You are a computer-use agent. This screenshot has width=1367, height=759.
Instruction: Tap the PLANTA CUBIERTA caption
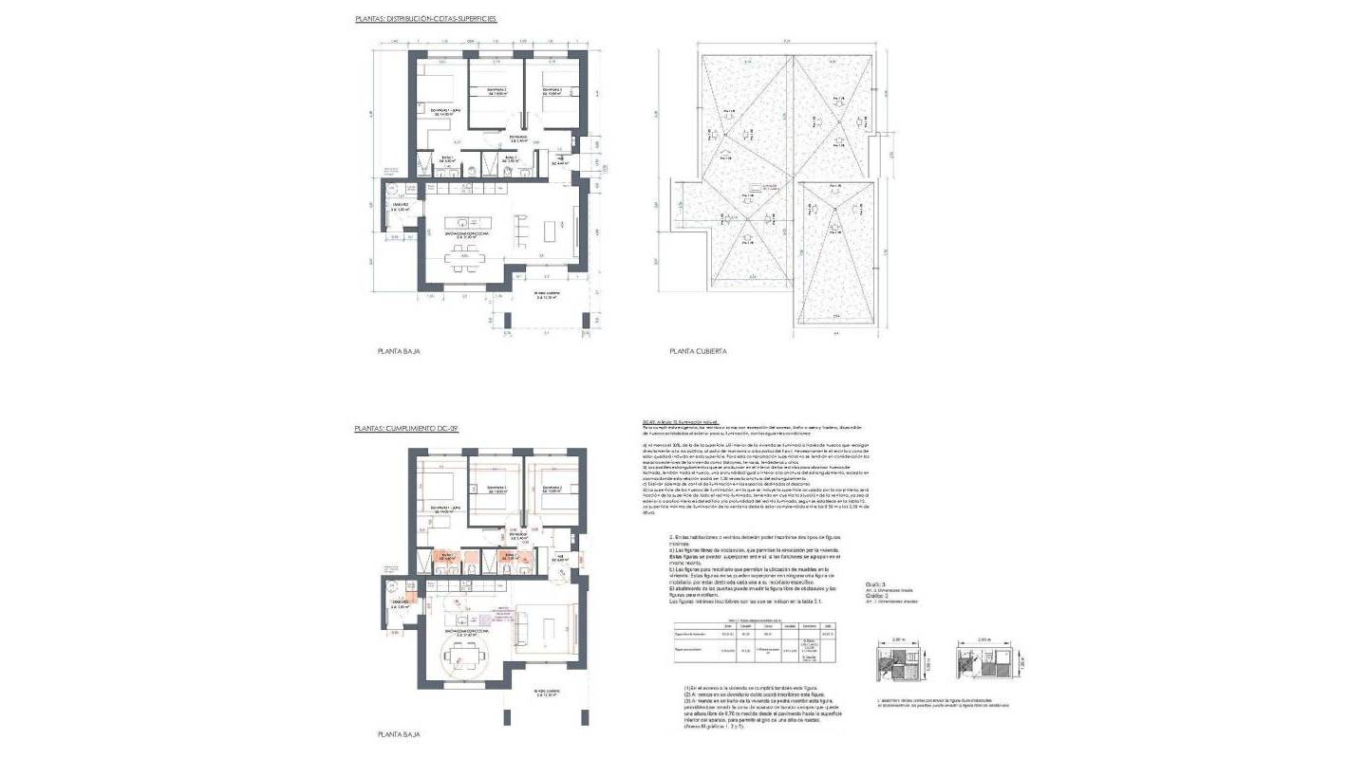coord(698,351)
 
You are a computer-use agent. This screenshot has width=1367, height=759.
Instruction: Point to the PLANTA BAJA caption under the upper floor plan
coord(399,351)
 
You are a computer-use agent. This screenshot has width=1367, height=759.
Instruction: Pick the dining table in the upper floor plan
coord(463,258)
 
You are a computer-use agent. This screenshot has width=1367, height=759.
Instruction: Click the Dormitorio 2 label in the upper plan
coord(498,92)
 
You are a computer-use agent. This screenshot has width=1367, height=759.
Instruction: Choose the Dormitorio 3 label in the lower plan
coord(552,490)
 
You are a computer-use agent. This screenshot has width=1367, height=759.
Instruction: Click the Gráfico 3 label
coord(875,584)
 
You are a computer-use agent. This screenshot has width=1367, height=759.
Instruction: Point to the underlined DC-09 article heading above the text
coord(681,423)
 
